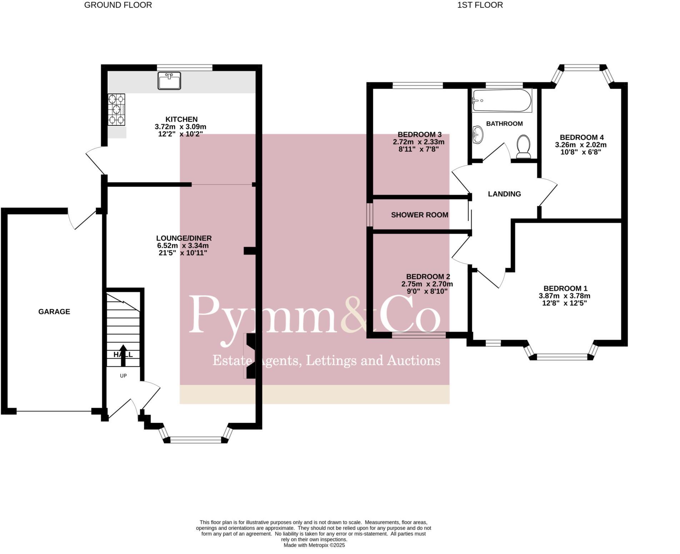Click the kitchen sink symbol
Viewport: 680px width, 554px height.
coord(169,81)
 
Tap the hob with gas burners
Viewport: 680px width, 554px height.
coord(117,109)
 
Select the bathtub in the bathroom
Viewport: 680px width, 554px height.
coord(502,101)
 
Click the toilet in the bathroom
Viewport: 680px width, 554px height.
coord(524,147)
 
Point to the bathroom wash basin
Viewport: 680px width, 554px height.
coord(477,135)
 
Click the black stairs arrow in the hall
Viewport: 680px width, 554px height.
coord(123,356)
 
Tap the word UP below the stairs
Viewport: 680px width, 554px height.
coord(123,376)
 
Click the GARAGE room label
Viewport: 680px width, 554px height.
coord(54,312)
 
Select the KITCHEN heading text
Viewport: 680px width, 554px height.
coord(181,119)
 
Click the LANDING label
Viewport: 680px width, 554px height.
coord(504,194)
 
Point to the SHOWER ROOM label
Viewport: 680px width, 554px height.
coord(420,215)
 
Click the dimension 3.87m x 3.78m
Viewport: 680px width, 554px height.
coord(565,296)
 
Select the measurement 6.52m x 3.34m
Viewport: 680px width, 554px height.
coord(183,246)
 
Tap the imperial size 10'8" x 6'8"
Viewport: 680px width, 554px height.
coord(581,152)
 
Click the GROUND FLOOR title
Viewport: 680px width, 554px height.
coord(118,5)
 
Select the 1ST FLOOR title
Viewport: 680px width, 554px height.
coord(480,5)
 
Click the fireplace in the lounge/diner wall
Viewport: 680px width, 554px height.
coord(250,356)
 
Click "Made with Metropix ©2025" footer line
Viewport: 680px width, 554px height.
coord(314,545)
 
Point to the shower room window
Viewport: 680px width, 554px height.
coord(370,215)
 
